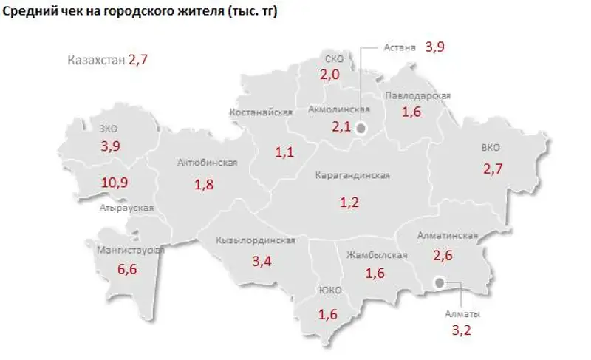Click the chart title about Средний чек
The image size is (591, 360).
[140, 13]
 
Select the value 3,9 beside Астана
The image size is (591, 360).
[435, 47]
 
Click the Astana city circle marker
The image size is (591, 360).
[361, 128]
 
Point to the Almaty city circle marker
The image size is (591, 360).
[440, 282]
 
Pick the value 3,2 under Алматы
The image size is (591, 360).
[462, 330]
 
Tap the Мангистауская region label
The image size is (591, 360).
[130, 250]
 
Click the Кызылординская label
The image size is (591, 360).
[256, 240]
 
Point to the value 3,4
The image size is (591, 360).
[262, 261]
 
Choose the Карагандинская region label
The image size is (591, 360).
[352, 176]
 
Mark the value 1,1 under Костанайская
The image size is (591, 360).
[284, 153]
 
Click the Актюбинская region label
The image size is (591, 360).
[208, 163]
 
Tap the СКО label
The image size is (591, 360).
[334, 58]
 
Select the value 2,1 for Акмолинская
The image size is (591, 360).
[341, 127]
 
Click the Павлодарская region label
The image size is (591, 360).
[417, 96]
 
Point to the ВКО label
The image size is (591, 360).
[490, 148]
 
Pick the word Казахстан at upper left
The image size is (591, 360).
[95, 61]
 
